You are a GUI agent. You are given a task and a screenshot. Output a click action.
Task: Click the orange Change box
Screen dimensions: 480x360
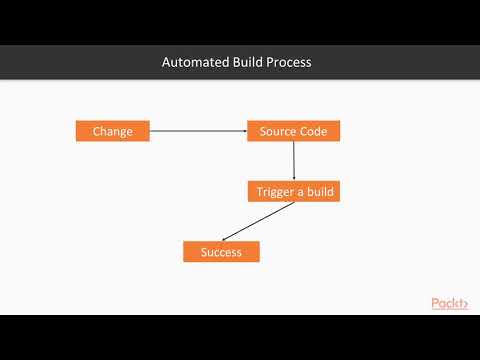point(113,131)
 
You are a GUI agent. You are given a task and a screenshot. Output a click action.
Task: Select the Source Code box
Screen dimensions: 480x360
point(293,131)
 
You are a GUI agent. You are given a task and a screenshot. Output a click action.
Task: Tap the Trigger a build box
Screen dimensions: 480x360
point(293,191)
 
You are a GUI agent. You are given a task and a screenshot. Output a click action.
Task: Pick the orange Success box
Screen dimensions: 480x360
point(221,252)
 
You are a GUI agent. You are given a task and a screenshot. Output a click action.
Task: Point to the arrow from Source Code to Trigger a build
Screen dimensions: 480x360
point(294,160)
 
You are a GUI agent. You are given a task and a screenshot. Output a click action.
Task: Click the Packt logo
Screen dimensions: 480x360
point(449,304)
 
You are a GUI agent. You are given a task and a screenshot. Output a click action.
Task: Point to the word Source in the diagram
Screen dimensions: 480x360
point(278,131)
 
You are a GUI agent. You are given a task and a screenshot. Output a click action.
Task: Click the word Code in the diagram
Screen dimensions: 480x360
point(314,131)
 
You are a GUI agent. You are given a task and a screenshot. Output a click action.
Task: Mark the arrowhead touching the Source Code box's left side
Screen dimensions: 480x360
point(244,131)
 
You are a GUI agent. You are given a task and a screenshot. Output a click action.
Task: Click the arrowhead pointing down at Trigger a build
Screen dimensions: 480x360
point(294,177)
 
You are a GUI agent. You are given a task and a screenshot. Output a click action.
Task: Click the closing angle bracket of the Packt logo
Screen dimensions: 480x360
point(464,304)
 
